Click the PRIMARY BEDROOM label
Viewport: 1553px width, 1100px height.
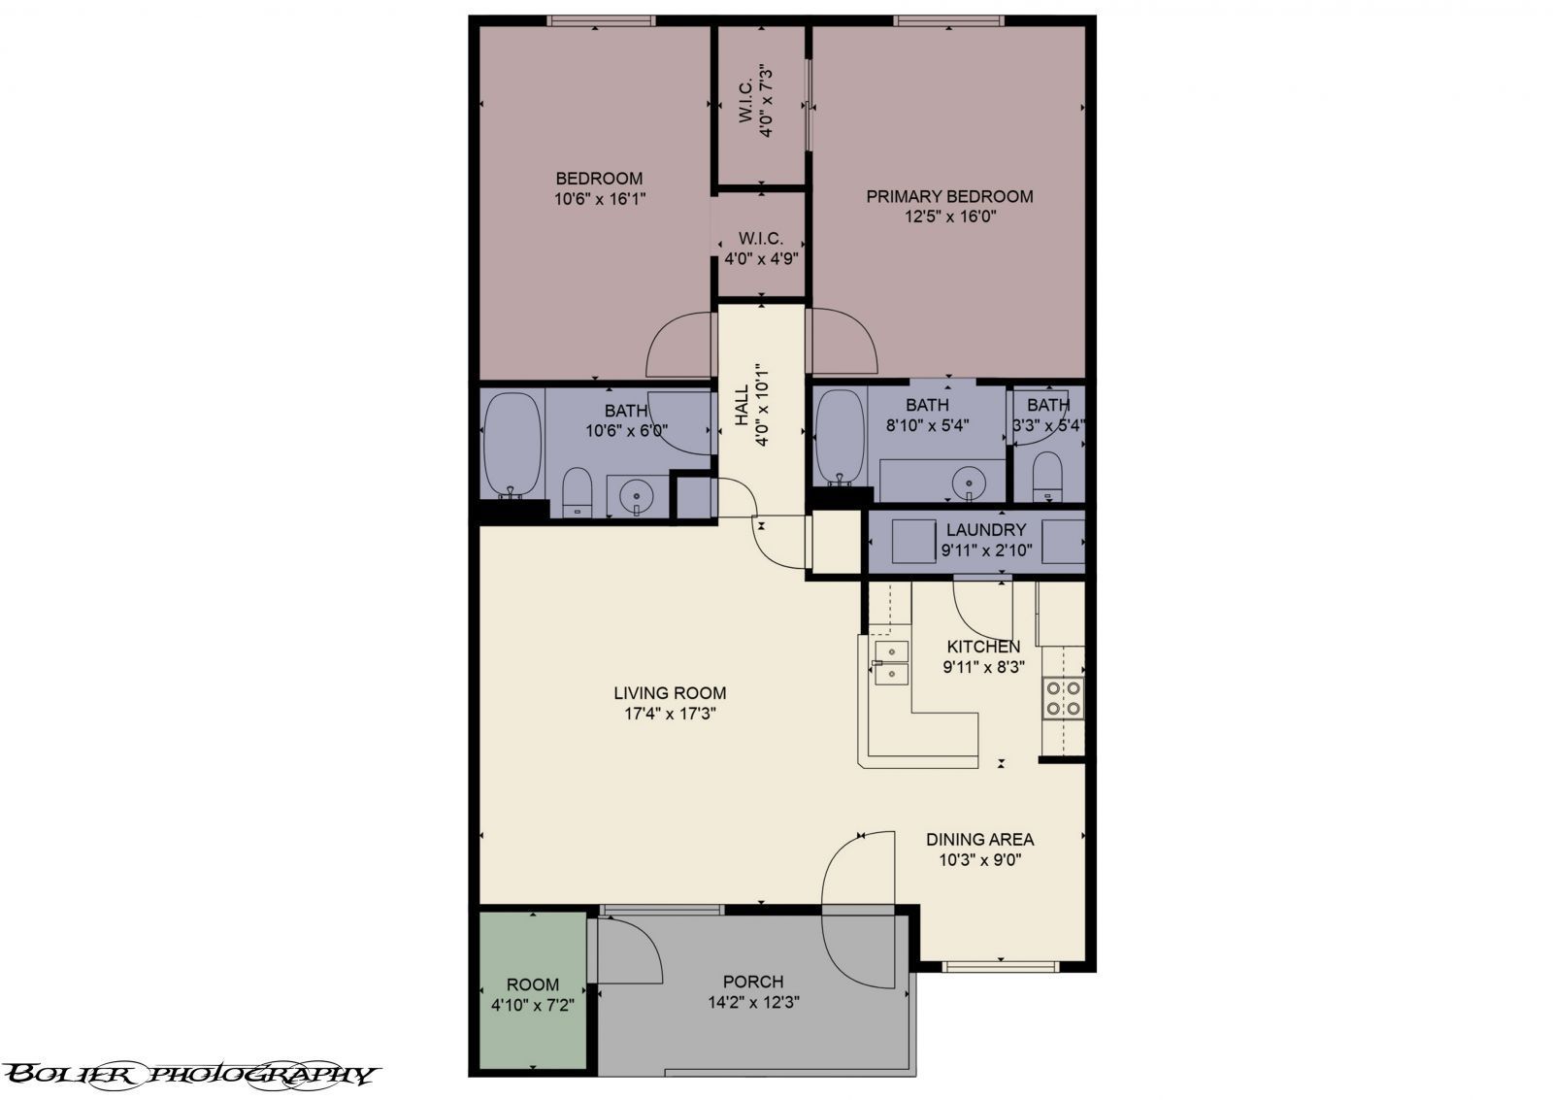[948, 197]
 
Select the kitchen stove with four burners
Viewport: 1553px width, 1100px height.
[1063, 699]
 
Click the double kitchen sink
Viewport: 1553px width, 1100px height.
[890, 663]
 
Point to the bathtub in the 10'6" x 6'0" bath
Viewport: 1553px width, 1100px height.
[512, 445]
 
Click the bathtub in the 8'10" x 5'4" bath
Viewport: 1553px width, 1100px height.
[841, 438]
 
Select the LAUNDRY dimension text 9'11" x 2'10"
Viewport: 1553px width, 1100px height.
[986, 550]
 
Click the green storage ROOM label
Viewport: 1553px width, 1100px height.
[533, 984]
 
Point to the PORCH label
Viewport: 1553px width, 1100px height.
[752, 982]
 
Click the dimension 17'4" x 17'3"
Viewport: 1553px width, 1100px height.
[670, 714]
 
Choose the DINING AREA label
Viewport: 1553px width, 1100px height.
[979, 840]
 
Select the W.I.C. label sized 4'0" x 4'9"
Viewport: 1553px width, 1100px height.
[761, 238]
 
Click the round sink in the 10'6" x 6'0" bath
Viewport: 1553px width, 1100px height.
[637, 498]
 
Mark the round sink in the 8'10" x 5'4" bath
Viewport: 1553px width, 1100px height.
[967, 482]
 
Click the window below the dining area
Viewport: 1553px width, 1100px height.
[1000, 966]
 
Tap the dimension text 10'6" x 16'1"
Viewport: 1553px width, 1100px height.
[599, 199]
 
